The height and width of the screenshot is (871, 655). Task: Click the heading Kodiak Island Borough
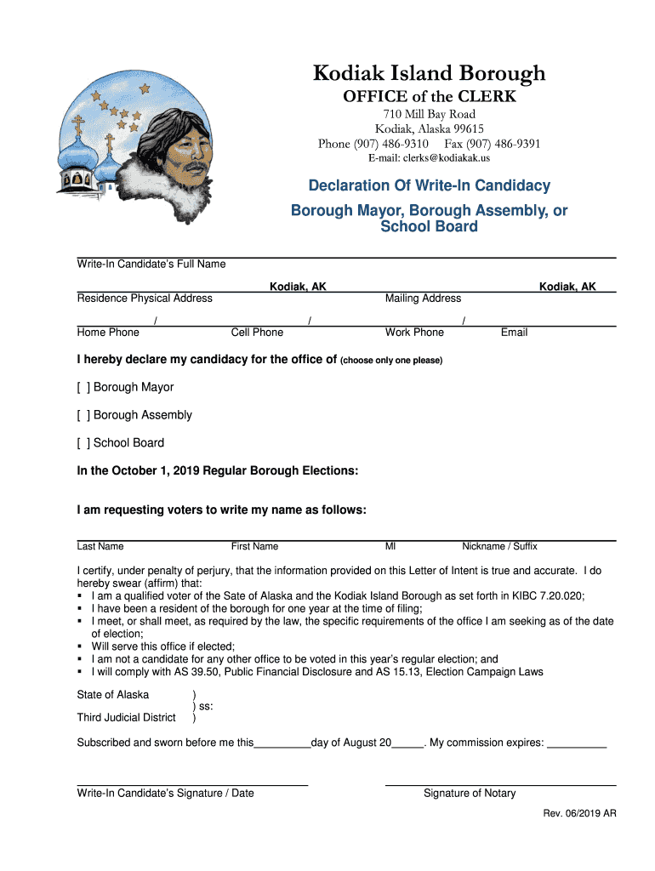(x=429, y=74)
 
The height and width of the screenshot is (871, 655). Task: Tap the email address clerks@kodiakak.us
(x=429, y=158)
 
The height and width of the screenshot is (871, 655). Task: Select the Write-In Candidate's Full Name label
(x=151, y=265)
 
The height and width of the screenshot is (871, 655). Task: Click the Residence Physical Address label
(x=145, y=299)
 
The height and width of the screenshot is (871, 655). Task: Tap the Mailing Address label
(x=423, y=299)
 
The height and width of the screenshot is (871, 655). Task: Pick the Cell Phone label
(x=257, y=333)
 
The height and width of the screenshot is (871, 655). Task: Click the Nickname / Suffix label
(x=499, y=546)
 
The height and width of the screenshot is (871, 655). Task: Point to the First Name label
(x=254, y=546)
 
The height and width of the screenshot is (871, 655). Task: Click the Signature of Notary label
(x=470, y=794)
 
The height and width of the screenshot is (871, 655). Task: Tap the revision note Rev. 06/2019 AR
(x=579, y=814)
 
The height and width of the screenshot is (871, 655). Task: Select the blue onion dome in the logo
(x=77, y=157)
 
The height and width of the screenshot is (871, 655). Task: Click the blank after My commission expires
(x=577, y=743)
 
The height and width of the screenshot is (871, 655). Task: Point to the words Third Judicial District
(x=127, y=718)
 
